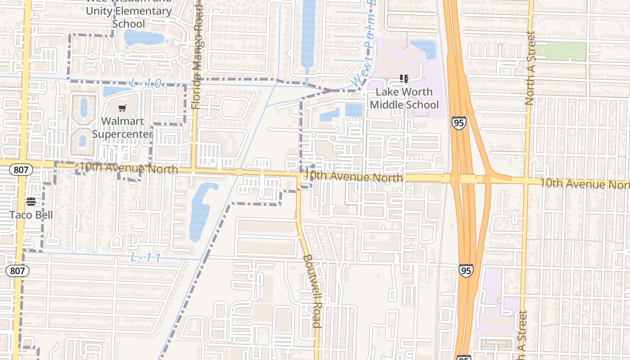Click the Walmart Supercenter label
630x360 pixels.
click(x=122, y=127)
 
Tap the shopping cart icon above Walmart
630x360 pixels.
click(x=122, y=108)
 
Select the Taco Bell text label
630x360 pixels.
click(x=31, y=215)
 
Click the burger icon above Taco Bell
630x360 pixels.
click(x=31, y=201)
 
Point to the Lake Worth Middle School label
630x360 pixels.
click(x=404, y=98)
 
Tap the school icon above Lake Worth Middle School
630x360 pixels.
click(x=404, y=79)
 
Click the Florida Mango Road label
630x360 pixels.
click(x=197, y=57)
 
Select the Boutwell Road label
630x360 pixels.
click(x=312, y=291)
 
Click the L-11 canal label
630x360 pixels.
click(x=146, y=258)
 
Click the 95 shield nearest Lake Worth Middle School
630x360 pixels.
click(x=459, y=124)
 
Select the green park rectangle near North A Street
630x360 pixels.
click(x=560, y=51)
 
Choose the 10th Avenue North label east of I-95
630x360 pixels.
click(x=584, y=183)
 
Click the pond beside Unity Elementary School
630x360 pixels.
click(x=143, y=38)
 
